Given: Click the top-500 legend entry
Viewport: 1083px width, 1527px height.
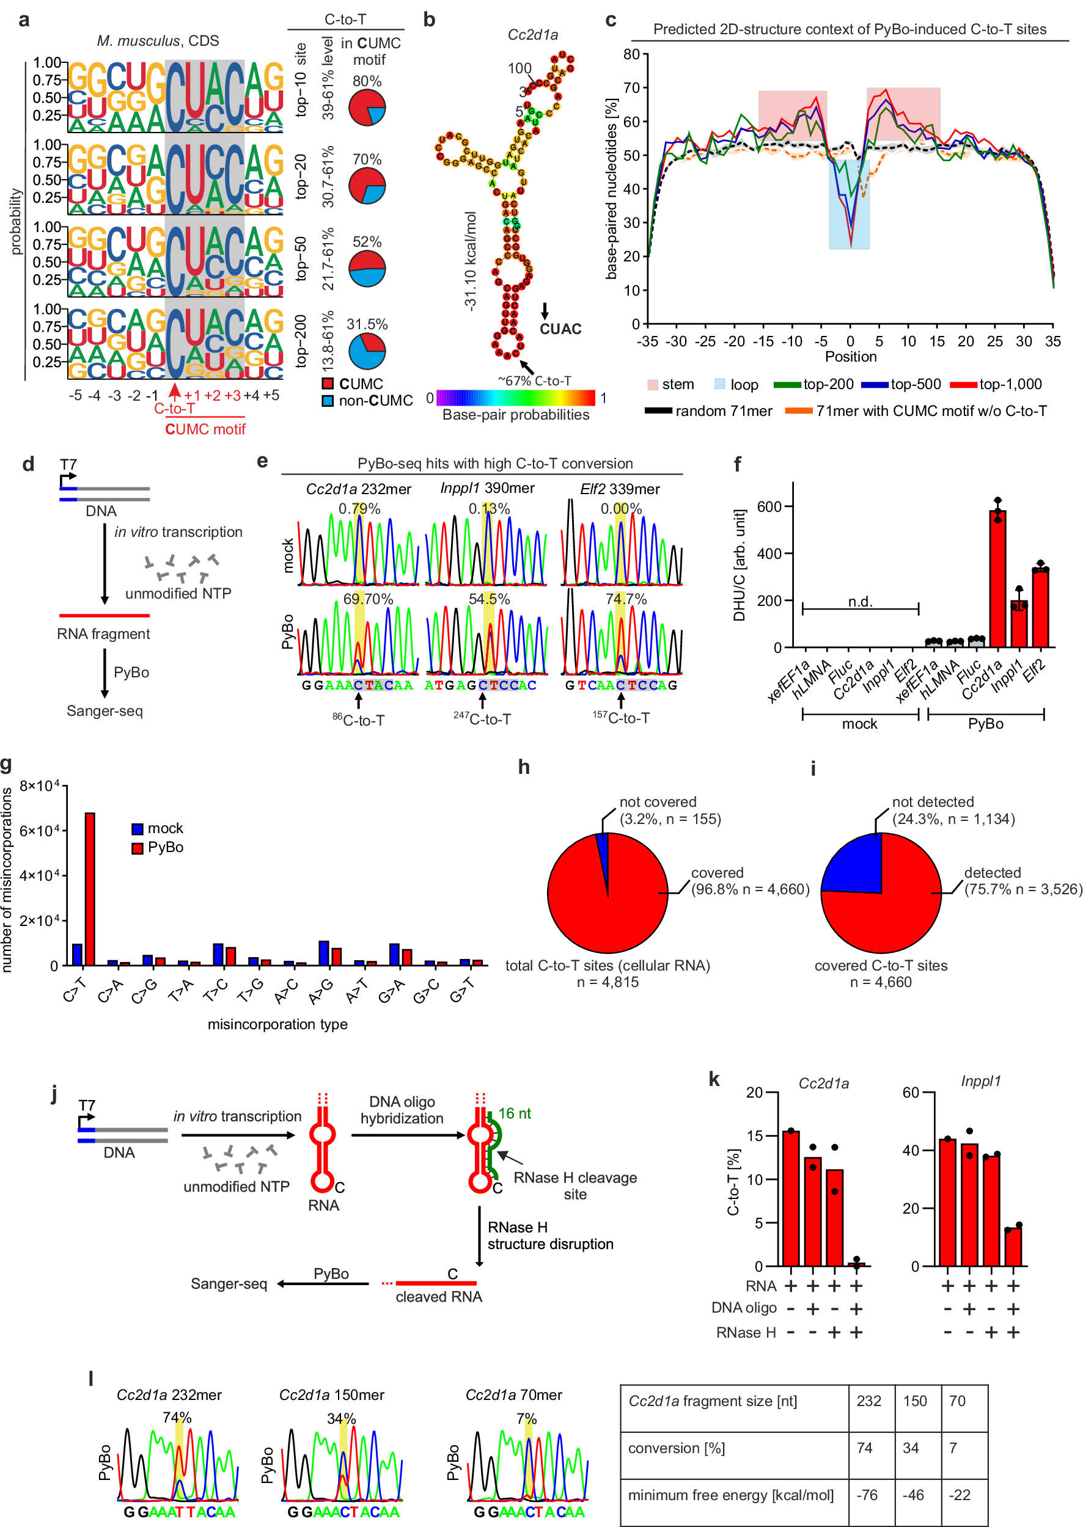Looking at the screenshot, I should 901,385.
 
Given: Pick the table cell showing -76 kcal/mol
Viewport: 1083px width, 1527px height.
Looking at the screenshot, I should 867,1496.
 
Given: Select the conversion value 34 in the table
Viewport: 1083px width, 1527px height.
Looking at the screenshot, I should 910,1448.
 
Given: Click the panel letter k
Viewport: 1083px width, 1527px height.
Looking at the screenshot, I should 714,1079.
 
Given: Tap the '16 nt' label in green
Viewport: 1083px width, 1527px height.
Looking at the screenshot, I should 514,1113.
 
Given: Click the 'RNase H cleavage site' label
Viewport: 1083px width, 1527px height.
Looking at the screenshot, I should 575,1186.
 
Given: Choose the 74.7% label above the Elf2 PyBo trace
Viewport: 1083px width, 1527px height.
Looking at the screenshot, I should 625,599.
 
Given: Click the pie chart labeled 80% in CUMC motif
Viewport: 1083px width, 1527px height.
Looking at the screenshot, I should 367,108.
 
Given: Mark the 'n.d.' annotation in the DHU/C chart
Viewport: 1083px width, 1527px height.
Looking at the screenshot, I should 861,602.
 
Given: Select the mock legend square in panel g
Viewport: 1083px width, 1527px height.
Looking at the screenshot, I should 138,829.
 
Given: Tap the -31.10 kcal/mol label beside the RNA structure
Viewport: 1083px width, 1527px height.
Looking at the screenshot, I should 470,261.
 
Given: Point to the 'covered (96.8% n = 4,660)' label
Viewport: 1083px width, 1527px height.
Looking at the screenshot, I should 749,881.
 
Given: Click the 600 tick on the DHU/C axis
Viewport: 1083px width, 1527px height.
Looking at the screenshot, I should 768,506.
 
